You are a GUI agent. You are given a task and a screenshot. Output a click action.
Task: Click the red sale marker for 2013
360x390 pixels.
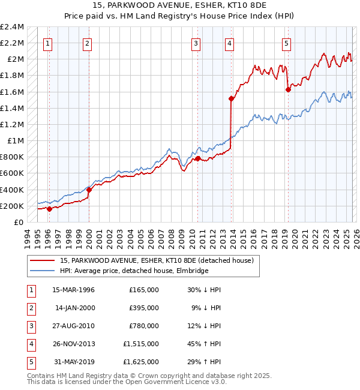230,98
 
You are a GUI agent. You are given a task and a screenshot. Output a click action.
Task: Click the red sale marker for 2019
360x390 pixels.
287,89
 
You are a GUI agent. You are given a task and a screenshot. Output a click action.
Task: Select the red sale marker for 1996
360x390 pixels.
49,209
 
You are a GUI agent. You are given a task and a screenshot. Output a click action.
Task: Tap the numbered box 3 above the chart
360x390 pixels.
196,43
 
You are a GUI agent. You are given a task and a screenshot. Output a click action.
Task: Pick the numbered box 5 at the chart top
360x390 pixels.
286,43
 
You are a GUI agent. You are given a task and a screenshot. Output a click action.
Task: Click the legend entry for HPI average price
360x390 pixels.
134,271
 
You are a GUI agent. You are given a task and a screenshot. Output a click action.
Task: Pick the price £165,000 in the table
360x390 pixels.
143,290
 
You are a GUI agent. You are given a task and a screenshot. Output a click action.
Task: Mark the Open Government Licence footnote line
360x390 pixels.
119,382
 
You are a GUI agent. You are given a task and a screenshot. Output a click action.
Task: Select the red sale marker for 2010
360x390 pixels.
197,158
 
